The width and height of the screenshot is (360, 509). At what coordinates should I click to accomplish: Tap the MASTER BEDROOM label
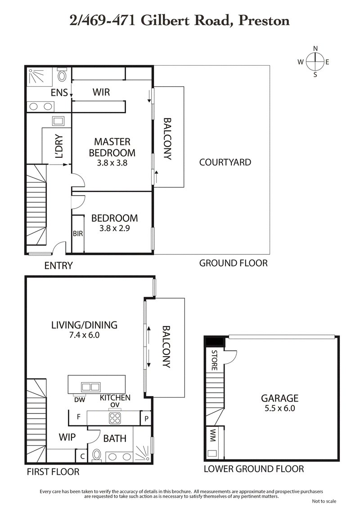[112, 147]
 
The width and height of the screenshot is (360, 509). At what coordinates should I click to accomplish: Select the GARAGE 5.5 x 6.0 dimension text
[280, 409]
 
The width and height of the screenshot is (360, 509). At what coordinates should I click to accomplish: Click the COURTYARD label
[225, 162]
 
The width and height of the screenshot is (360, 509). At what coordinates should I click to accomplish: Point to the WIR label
[101, 92]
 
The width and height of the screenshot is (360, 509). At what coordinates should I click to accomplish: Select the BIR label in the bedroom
[78, 234]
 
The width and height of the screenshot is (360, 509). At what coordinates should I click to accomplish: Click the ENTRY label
[58, 266]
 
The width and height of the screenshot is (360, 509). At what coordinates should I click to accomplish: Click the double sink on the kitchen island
[90, 386]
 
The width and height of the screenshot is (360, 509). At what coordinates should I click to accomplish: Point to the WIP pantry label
[67, 437]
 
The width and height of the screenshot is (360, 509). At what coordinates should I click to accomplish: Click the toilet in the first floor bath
[97, 455]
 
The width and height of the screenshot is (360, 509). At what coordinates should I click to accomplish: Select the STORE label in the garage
[214, 360]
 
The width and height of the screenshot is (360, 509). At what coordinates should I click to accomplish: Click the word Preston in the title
[264, 20]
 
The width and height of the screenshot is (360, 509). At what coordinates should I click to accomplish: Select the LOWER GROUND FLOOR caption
[253, 469]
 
